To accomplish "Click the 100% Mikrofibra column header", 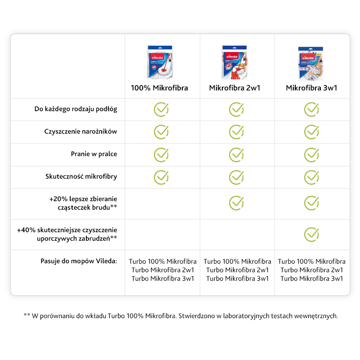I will [x=159, y=88].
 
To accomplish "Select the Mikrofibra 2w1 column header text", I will [x=234, y=88].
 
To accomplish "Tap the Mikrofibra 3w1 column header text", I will [x=311, y=88].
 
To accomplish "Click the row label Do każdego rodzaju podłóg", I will [x=76, y=109].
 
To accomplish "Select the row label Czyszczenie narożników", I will [x=81, y=132].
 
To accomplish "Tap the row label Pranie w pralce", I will [x=94, y=154].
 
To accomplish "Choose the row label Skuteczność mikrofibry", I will [x=81, y=176].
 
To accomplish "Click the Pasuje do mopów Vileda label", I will [x=78, y=261].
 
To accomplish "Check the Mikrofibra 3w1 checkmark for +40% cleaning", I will [x=311, y=234].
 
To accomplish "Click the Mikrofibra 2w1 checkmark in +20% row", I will [x=236, y=203].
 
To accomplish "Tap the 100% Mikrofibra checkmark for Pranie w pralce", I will [x=161, y=154].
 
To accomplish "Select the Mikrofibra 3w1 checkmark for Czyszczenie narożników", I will [x=311, y=132].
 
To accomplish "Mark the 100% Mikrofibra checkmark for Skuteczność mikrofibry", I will [x=161, y=177].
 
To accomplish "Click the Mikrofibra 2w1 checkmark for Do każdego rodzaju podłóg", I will [x=236, y=109].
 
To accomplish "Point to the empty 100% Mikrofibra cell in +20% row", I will [x=162, y=203].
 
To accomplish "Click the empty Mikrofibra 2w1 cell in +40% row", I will [x=237, y=234].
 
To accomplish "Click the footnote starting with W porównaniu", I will [x=180, y=316].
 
